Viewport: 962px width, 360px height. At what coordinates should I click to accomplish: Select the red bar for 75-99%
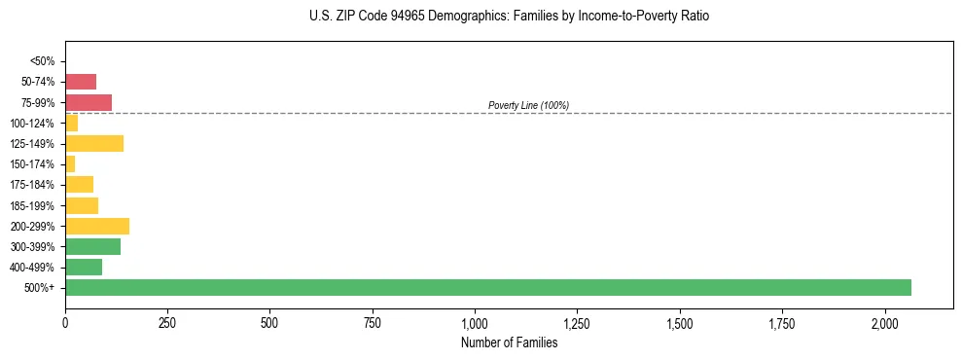(89, 102)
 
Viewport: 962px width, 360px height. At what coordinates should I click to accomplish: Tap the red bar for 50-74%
(81, 82)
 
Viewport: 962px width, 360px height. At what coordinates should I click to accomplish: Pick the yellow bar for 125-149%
(94, 144)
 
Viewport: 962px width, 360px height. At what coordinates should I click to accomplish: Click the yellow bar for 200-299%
(97, 226)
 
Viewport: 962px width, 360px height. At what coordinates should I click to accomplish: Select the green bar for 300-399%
(92, 246)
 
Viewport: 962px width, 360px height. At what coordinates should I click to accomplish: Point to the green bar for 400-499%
(84, 267)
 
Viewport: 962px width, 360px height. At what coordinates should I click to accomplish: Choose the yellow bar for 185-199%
(82, 205)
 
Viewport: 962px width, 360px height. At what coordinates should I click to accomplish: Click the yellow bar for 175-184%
(79, 185)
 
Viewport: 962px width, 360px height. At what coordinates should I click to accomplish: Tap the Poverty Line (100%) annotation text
(528, 105)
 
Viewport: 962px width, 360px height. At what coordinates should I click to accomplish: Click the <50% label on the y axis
(43, 61)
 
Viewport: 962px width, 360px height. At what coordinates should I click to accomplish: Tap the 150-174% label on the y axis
(33, 164)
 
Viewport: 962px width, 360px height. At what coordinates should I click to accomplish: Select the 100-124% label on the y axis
(33, 124)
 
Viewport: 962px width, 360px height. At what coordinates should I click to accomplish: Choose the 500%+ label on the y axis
(39, 288)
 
